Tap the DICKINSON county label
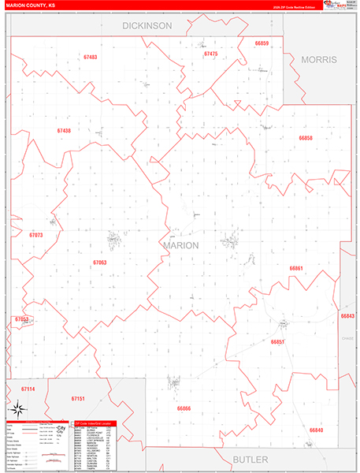[147, 26]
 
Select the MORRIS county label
[319, 60]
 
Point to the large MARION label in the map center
[181, 245]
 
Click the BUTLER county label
[251, 459]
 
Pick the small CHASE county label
[348, 338]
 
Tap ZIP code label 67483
[90, 58]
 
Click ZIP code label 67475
[210, 54]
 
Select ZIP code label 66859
[262, 43]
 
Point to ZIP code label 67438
[64, 131]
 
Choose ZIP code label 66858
[306, 138]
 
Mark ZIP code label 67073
[36, 235]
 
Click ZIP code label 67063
[99, 262]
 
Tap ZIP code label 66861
[296, 269]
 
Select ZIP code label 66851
[277, 342]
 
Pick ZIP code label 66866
[184, 408]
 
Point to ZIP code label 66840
[316, 430]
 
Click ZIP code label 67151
[78, 399]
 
